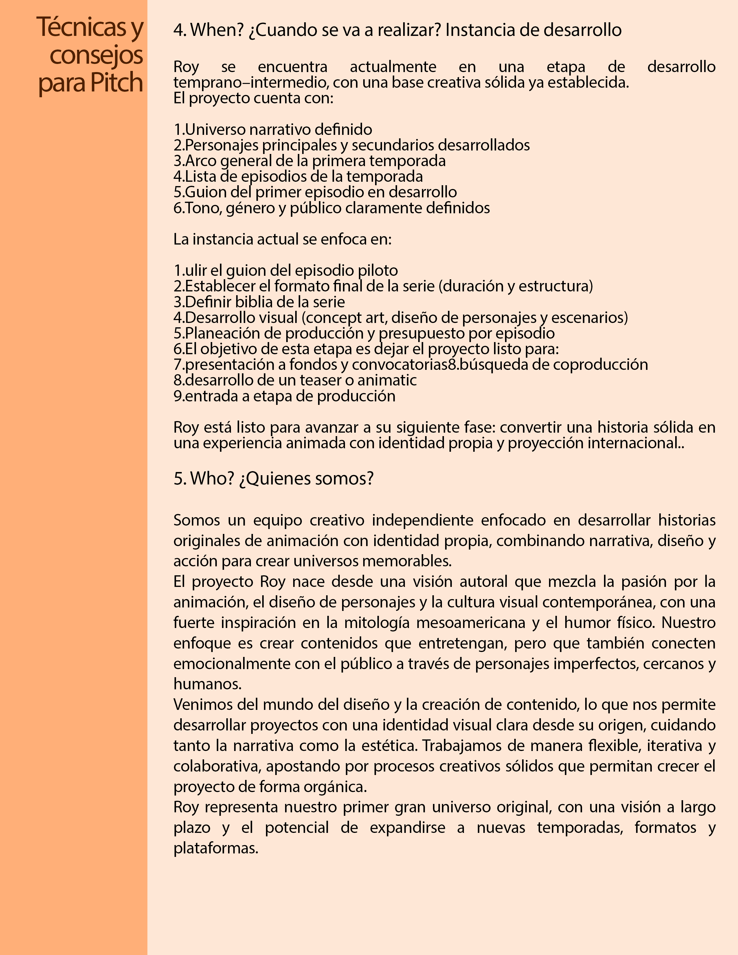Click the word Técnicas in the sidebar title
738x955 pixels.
pyautogui.click(x=82, y=27)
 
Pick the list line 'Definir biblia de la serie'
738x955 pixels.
pyautogui.click(x=259, y=302)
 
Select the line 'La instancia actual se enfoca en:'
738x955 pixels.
pyautogui.click(x=282, y=239)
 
